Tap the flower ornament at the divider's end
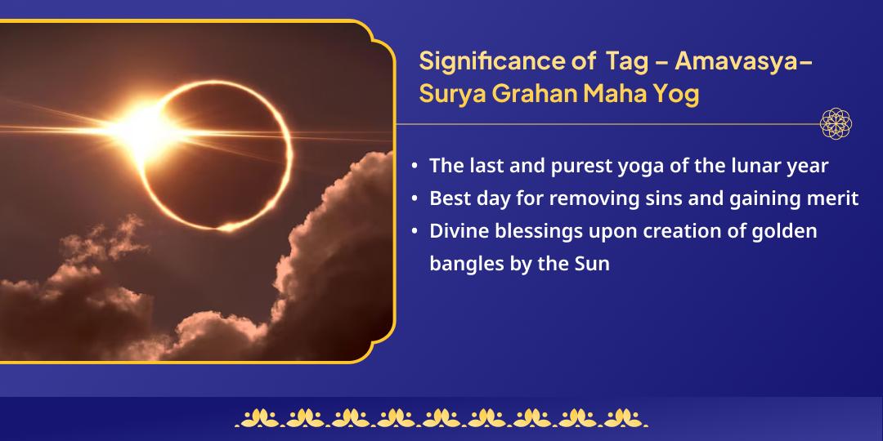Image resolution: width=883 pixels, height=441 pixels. coord(836,124)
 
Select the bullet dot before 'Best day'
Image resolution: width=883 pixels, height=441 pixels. coord(415,199)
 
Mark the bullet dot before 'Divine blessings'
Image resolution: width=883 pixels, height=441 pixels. coord(415,232)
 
